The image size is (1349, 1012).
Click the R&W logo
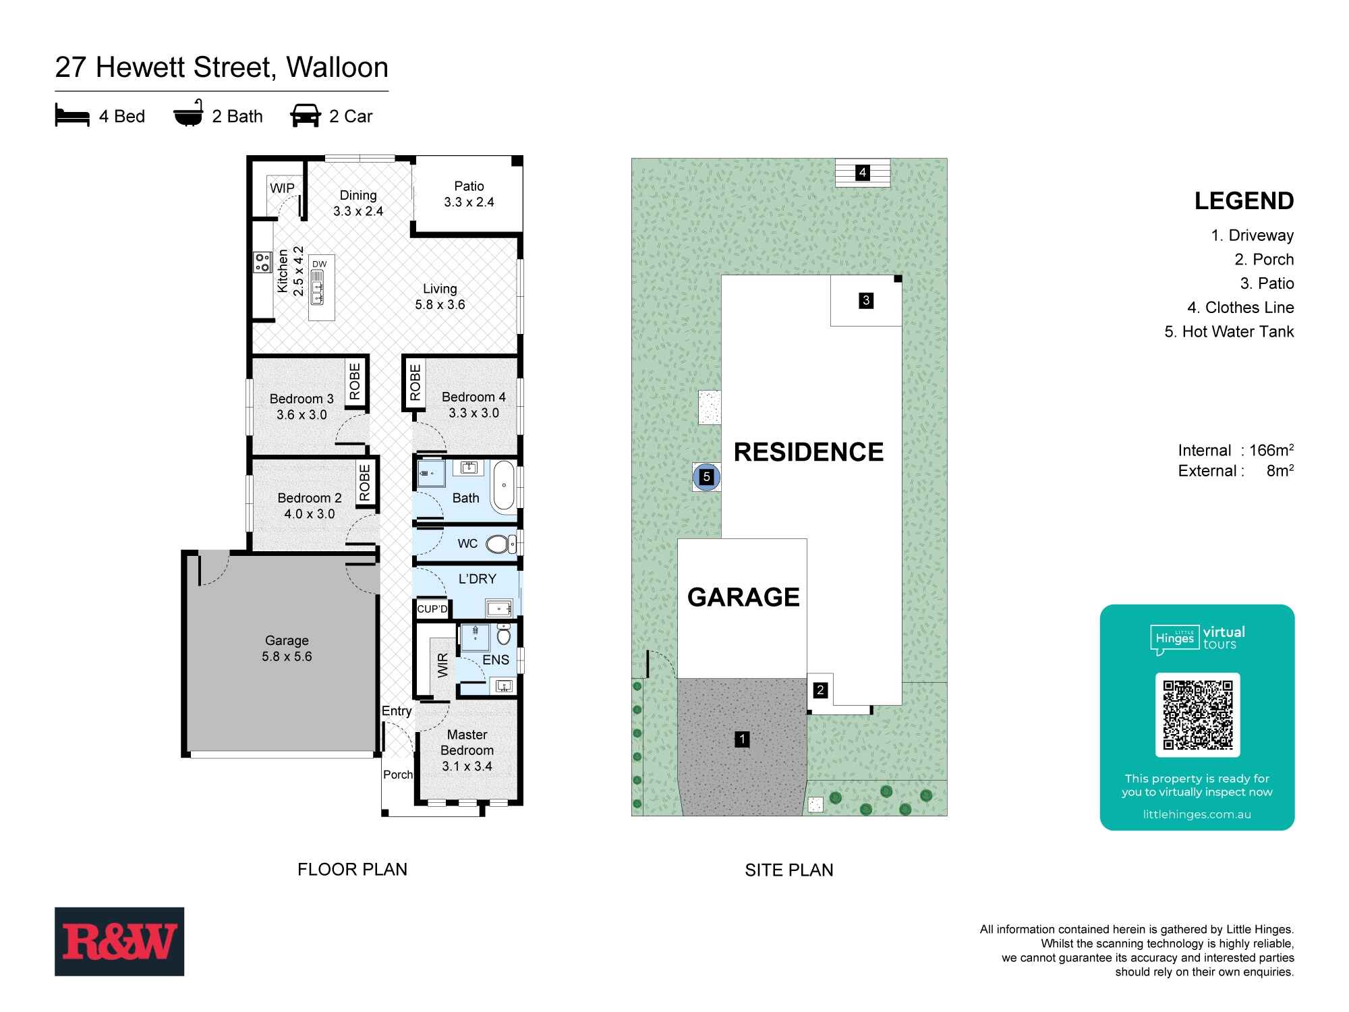pos(119,941)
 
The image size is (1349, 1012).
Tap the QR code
pos(1197,715)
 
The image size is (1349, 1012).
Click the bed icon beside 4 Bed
pos(72,116)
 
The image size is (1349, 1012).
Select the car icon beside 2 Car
pos(306,115)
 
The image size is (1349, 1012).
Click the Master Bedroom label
pos(467,743)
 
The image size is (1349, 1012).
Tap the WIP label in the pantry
pos(282,188)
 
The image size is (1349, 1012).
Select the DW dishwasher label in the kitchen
pos(320,264)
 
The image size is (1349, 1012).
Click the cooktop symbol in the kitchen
pos(262,262)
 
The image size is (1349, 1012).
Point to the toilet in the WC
pos(500,544)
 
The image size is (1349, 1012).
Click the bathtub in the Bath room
pos(503,486)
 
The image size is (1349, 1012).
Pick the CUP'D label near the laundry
pos(432,609)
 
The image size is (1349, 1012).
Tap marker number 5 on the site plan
pos(706,477)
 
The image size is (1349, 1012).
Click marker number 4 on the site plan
pos(862,173)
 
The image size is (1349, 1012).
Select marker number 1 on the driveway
pos(742,739)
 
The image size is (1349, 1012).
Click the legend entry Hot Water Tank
pos(1229,331)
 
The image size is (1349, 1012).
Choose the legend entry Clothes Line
pos(1240,308)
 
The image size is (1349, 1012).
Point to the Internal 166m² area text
pos(1236,451)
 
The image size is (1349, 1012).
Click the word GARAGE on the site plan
pos(743,597)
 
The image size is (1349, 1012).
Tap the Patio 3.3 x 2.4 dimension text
pos(469,202)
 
